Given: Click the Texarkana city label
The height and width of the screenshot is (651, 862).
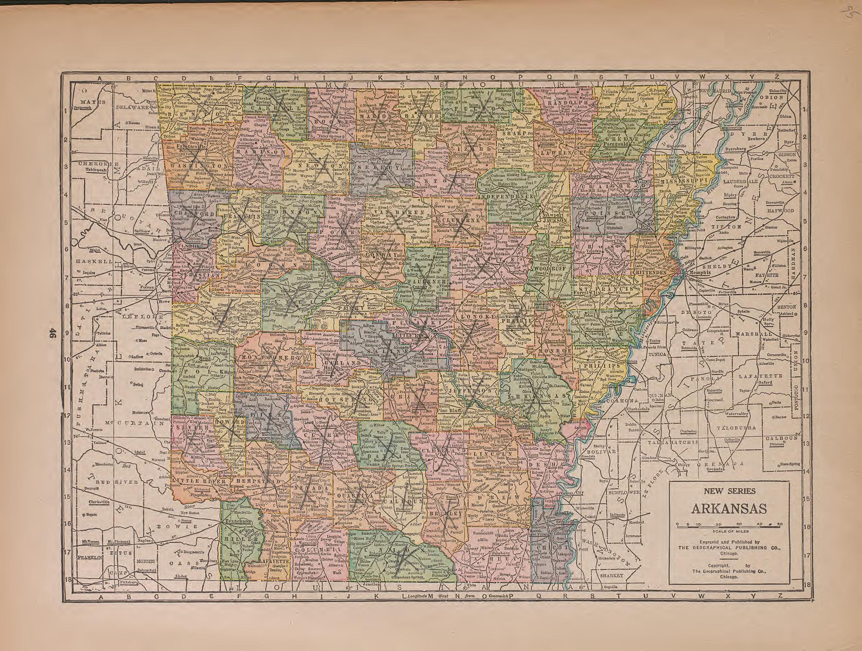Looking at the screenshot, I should (236, 520).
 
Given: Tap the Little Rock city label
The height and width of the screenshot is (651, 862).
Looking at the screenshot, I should (406, 335).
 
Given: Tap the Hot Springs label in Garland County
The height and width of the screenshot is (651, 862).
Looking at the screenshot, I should (334, 369).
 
